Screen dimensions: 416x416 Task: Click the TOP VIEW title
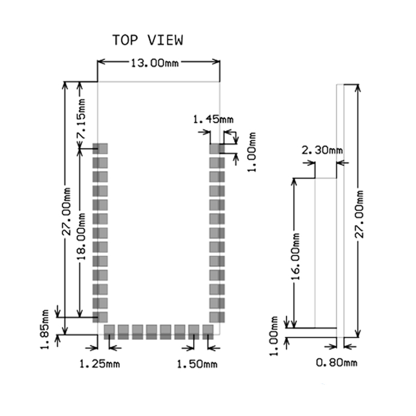pyautogui.click(x=148, y=40)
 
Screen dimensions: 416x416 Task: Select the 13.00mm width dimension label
pyautogui.click(x=155, y=63)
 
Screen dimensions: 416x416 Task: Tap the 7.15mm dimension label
pyautogui.click(x=81, y=119)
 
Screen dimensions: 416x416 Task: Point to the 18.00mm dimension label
pyautogui.click(x=81, y=236)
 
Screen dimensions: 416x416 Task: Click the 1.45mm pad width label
pyautogui.click(x=213, y=120)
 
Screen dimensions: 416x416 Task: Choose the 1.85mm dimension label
pyautogui.click(x=44, y=329)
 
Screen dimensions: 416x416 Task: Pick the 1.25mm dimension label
pyautogui.click(x=100, y=364)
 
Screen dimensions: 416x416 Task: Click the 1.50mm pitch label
pyautogui.click(x=197, y=364)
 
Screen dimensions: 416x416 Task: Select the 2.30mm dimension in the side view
pyautogui.click(x=322, y=150)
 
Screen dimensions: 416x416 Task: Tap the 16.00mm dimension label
pyautogui.click(x=295, y=257)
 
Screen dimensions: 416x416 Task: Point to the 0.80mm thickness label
pyautogui.click(x=337, y=362)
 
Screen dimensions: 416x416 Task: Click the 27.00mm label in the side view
pyautogui.click(x=359, y=214)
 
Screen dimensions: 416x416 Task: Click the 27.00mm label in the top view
pyautogui.click(x=67, y=211)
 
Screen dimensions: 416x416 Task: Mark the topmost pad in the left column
pyautogui.click(x=100, y=149)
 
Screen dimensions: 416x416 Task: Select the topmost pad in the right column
pyautogui.click(x=217, y=149)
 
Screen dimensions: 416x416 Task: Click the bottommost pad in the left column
pyautogui.click(x=100, y=317)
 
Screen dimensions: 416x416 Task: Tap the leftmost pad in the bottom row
pyautogui.click(x=109, y=332)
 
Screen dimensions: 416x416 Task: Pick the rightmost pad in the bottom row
pyautogui.click(x=208, y=332)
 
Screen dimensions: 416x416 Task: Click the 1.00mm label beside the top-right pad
pyautogui.click(x=252, y=152)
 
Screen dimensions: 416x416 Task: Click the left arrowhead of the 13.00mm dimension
pyautogui.click(x=102, y=62)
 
